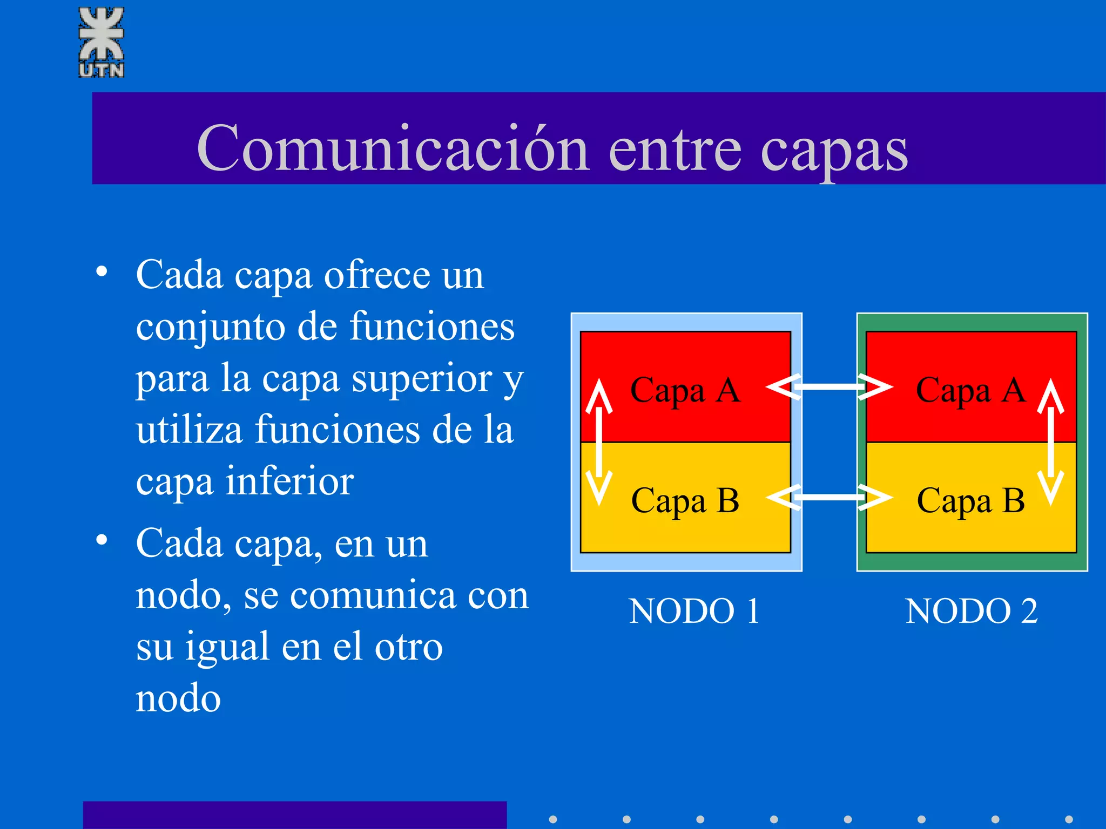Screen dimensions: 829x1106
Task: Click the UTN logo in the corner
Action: click(102, 42)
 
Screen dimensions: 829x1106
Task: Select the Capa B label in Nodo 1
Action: click(685, 501)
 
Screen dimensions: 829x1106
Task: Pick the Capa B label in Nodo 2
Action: click(970, 501)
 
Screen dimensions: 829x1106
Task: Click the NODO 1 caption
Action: click(694, 611)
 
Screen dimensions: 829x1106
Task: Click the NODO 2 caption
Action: click(971, 611)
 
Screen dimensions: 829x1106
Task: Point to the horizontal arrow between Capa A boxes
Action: click(829, 387)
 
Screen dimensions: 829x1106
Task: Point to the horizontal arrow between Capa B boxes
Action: click(829, 497)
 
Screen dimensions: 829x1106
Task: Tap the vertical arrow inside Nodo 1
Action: click(599, 441)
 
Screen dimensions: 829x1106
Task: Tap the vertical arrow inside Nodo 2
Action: click(1050, 441)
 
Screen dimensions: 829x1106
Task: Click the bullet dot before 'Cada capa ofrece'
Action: click(102, 271)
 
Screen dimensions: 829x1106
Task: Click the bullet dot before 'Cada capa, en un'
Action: click(102, 540)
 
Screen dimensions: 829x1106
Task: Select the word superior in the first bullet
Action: click(422, 378)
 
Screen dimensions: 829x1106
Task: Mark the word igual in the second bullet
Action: click(227, 647)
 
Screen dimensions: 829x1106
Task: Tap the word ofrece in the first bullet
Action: click(377, 275)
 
